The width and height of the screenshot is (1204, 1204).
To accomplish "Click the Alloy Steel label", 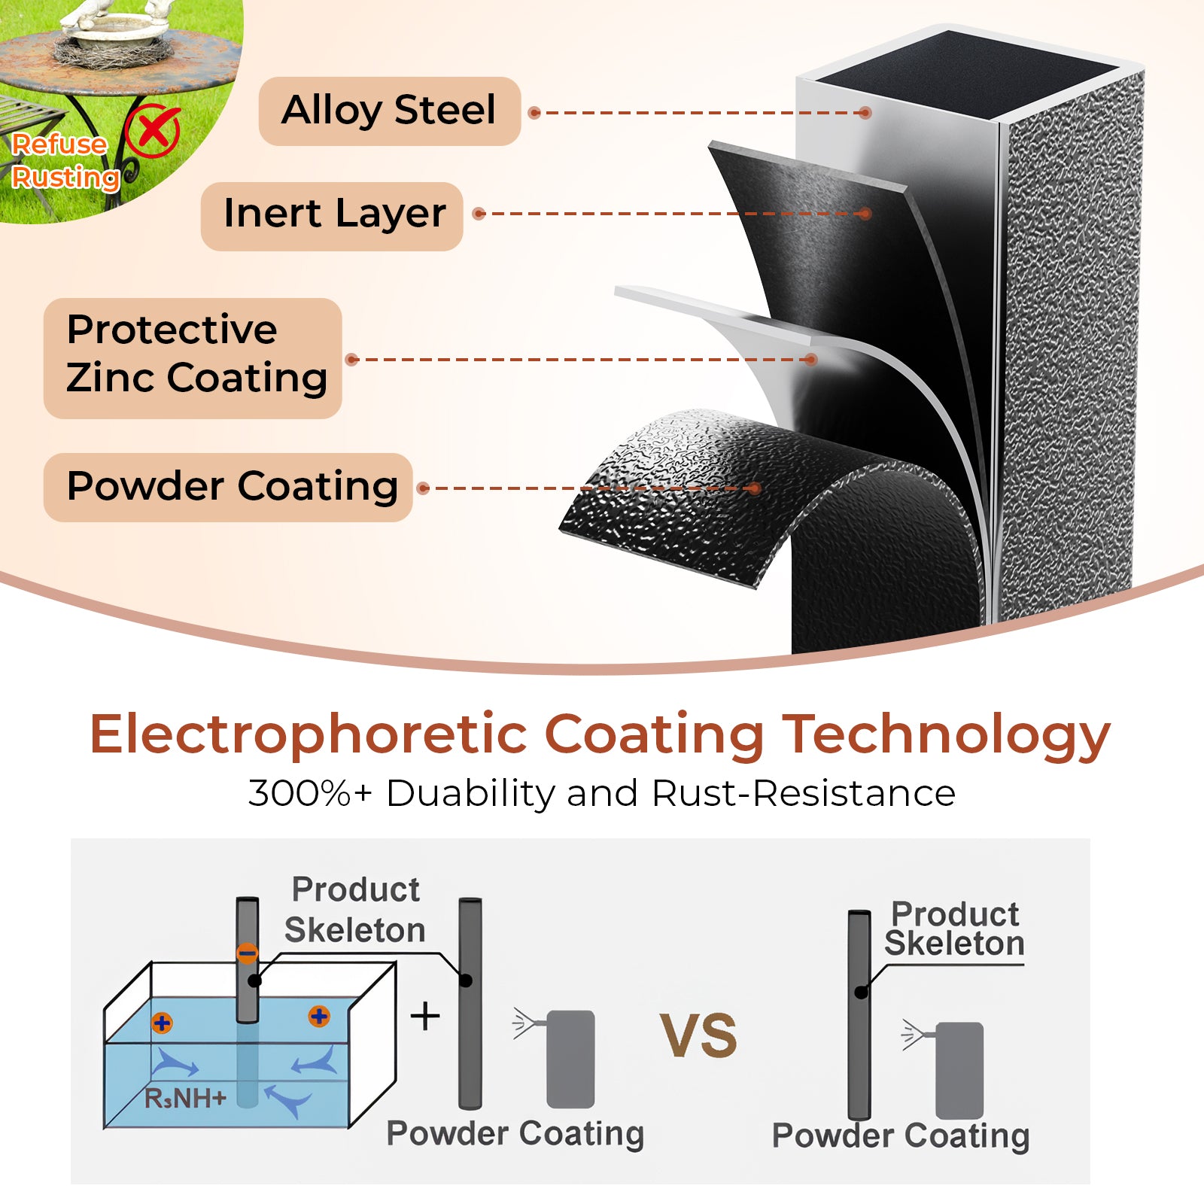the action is click(390, 111).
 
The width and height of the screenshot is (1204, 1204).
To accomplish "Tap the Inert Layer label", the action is click(332, 215).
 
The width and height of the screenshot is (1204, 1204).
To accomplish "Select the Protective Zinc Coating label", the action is click(193, 358).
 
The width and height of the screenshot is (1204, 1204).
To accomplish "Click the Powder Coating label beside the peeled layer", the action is click(228, 487).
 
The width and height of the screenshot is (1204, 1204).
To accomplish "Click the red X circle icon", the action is click(154, 131).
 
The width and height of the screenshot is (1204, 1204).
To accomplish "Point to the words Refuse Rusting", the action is click(65, 161).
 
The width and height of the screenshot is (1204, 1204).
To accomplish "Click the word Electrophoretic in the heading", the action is click(309, 735).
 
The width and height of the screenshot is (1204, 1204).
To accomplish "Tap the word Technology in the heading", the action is click(947, 735).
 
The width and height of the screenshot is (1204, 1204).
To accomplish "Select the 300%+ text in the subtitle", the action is click(310, 793).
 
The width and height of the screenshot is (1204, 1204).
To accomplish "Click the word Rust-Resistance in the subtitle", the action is click(804, 793).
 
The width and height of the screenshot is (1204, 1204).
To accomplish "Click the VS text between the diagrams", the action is click(698, 1035).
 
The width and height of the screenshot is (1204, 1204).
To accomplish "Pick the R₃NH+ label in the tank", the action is click(185, 1099).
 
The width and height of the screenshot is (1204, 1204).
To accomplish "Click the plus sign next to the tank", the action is click(425, 1016).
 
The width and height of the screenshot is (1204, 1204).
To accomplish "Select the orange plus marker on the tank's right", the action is click(319, 1017).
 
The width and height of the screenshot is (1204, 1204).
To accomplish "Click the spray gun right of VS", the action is click(944, 1069).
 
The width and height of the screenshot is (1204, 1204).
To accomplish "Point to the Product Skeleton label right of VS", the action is click(954, 929).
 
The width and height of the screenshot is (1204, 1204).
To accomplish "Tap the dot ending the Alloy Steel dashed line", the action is click(865, 113).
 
